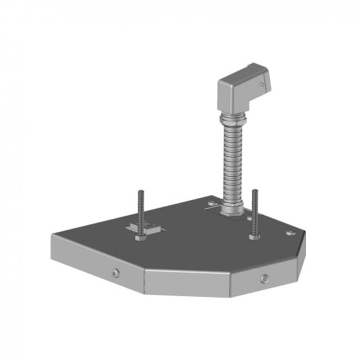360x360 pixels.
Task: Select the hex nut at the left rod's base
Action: click(x=140, y=237)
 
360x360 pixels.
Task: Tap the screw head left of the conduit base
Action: click(x=211, y=204)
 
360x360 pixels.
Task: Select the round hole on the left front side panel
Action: click(x=115, y=273)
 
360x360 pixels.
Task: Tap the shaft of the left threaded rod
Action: click(x=140, y=214)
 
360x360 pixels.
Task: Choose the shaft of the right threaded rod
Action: click(x=254, y=213)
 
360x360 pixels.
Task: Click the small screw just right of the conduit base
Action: click(x=248, y=217)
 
